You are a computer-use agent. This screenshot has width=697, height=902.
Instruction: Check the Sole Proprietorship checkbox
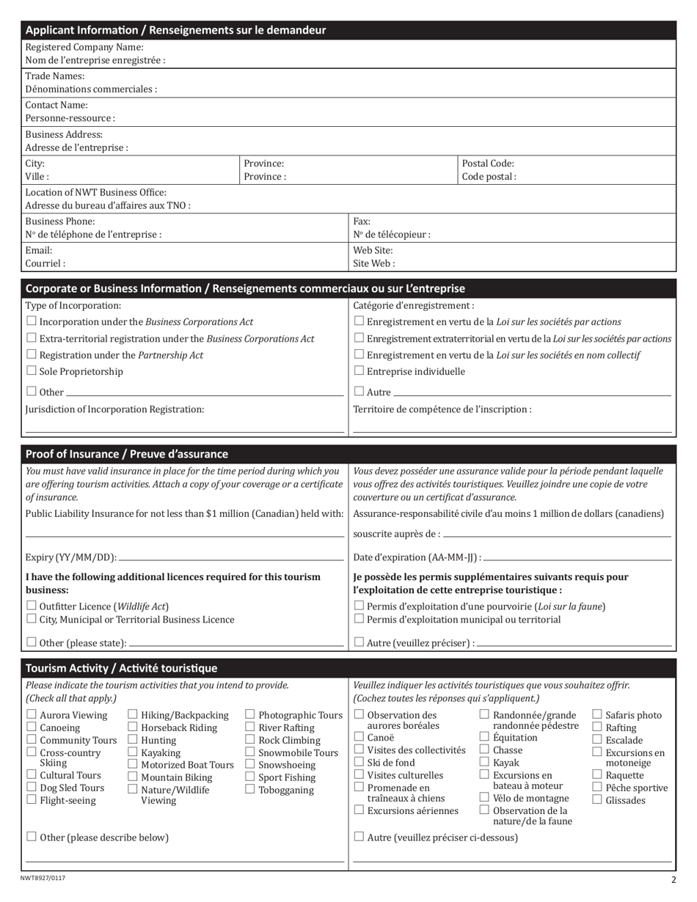[31, 370]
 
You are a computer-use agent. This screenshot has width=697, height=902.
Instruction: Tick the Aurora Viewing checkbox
[32, 714]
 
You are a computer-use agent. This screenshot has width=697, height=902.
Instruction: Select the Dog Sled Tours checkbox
[32, 787]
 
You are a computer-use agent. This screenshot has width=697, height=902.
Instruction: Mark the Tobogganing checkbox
[250, 789]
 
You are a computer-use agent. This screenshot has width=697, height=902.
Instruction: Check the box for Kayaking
[133, 752]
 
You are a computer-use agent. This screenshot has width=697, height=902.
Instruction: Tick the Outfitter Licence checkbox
[31, 606]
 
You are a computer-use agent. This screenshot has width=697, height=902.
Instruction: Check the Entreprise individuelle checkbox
[359, 370]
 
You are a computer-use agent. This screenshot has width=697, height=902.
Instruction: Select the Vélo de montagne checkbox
[484, 797]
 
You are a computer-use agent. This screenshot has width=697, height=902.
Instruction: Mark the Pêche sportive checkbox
[597, 787]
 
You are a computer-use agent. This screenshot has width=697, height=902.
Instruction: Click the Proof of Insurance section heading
[127, 454]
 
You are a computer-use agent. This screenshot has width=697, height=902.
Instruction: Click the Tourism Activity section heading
[122, 668]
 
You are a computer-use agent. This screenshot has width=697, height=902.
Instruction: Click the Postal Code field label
[488, 164]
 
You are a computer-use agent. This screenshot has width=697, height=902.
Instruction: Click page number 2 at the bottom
[673, 880]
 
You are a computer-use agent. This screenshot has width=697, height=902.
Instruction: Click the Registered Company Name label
[84, 47]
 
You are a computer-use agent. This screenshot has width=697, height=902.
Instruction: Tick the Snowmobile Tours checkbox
[250, 752]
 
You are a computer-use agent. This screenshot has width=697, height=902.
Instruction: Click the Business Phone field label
[60, 221]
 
